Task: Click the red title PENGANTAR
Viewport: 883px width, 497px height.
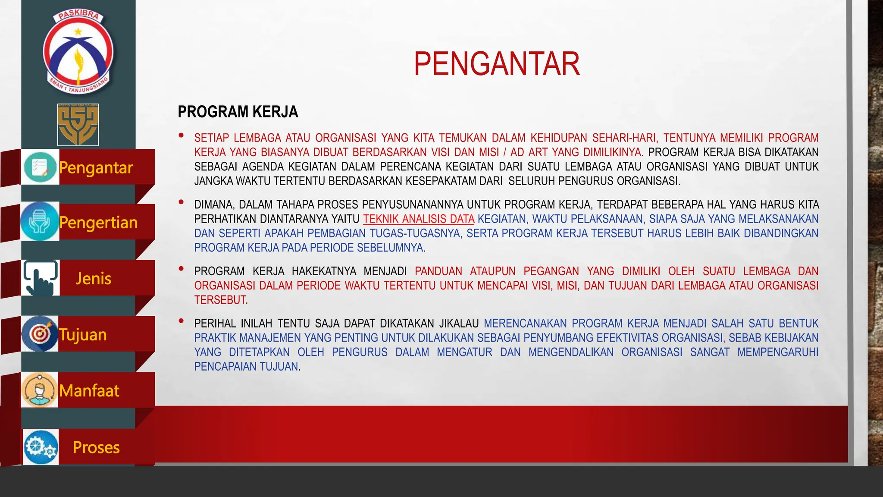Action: point(497,64)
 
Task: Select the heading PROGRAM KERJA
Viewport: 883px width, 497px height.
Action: point(238,112)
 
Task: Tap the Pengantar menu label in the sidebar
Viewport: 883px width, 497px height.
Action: point(96,168)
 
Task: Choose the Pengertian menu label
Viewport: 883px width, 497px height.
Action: point(99,223)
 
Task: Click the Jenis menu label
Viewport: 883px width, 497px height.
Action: point(94,279)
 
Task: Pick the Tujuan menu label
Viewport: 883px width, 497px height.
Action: point(83,335)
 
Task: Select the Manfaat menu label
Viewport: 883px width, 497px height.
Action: point(89,391)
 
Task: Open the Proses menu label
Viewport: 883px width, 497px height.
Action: point(96,447)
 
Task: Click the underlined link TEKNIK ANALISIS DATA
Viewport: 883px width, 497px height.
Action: point(419,219)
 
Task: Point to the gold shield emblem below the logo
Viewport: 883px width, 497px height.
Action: point(78,125)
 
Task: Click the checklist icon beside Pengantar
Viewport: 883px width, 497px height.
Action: point(40,167)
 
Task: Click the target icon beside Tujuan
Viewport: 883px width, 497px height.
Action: point(40,333)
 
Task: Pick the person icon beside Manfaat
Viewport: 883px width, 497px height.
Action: point(39,390)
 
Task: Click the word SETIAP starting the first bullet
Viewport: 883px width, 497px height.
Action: point(211,138)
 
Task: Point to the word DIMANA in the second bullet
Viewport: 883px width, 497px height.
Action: point(214,204)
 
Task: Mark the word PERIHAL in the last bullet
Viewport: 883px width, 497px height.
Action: point(215,324)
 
